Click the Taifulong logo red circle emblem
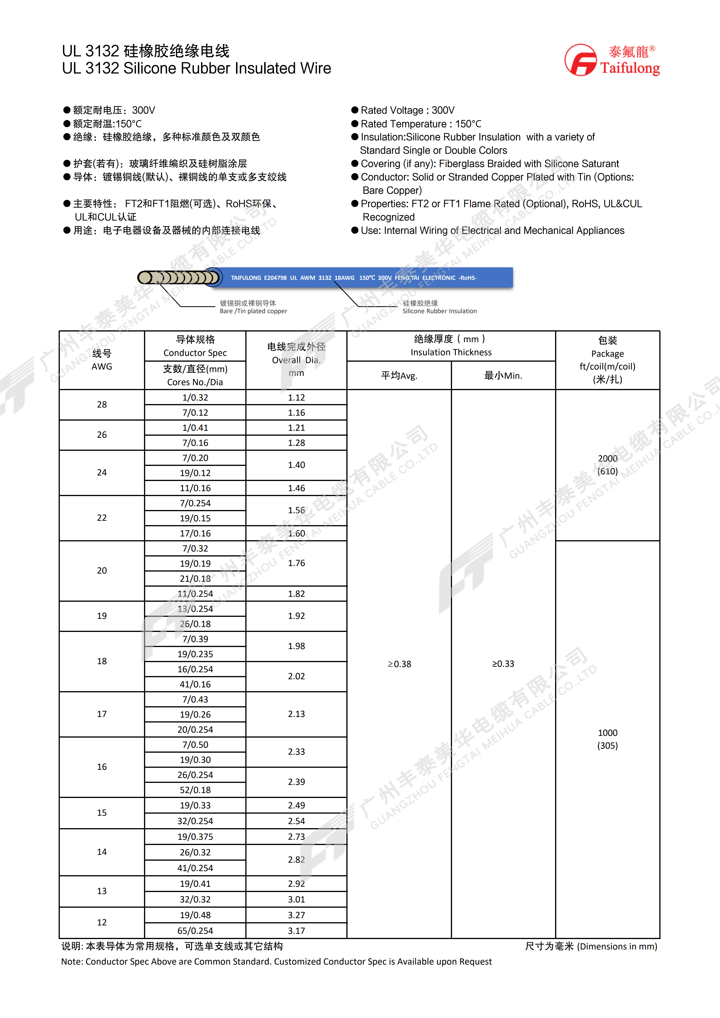pyautogui.click(x=581, y=60)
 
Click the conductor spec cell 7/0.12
pyautogui.click(x=195, y=413)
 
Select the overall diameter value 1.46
pyautogui.click(x=296, y=488)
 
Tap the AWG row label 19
pyautogui.click(x=102, y=616)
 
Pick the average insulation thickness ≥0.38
pyautogui.click(x=399, y=664)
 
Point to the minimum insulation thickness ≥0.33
pyautogui.click(x=503, y=664)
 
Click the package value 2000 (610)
pyautogui.click(x=607, y=465)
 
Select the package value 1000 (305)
pyautogui.click(x=607, y=739)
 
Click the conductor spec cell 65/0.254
pyautogui.click(x=195, y=931)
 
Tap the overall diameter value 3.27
pyautogui.click(x=296, y=915)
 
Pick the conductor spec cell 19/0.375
pyautogui.click(x=195, y=837)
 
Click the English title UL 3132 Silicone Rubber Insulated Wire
pyautogui.click(x=197, y=68)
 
